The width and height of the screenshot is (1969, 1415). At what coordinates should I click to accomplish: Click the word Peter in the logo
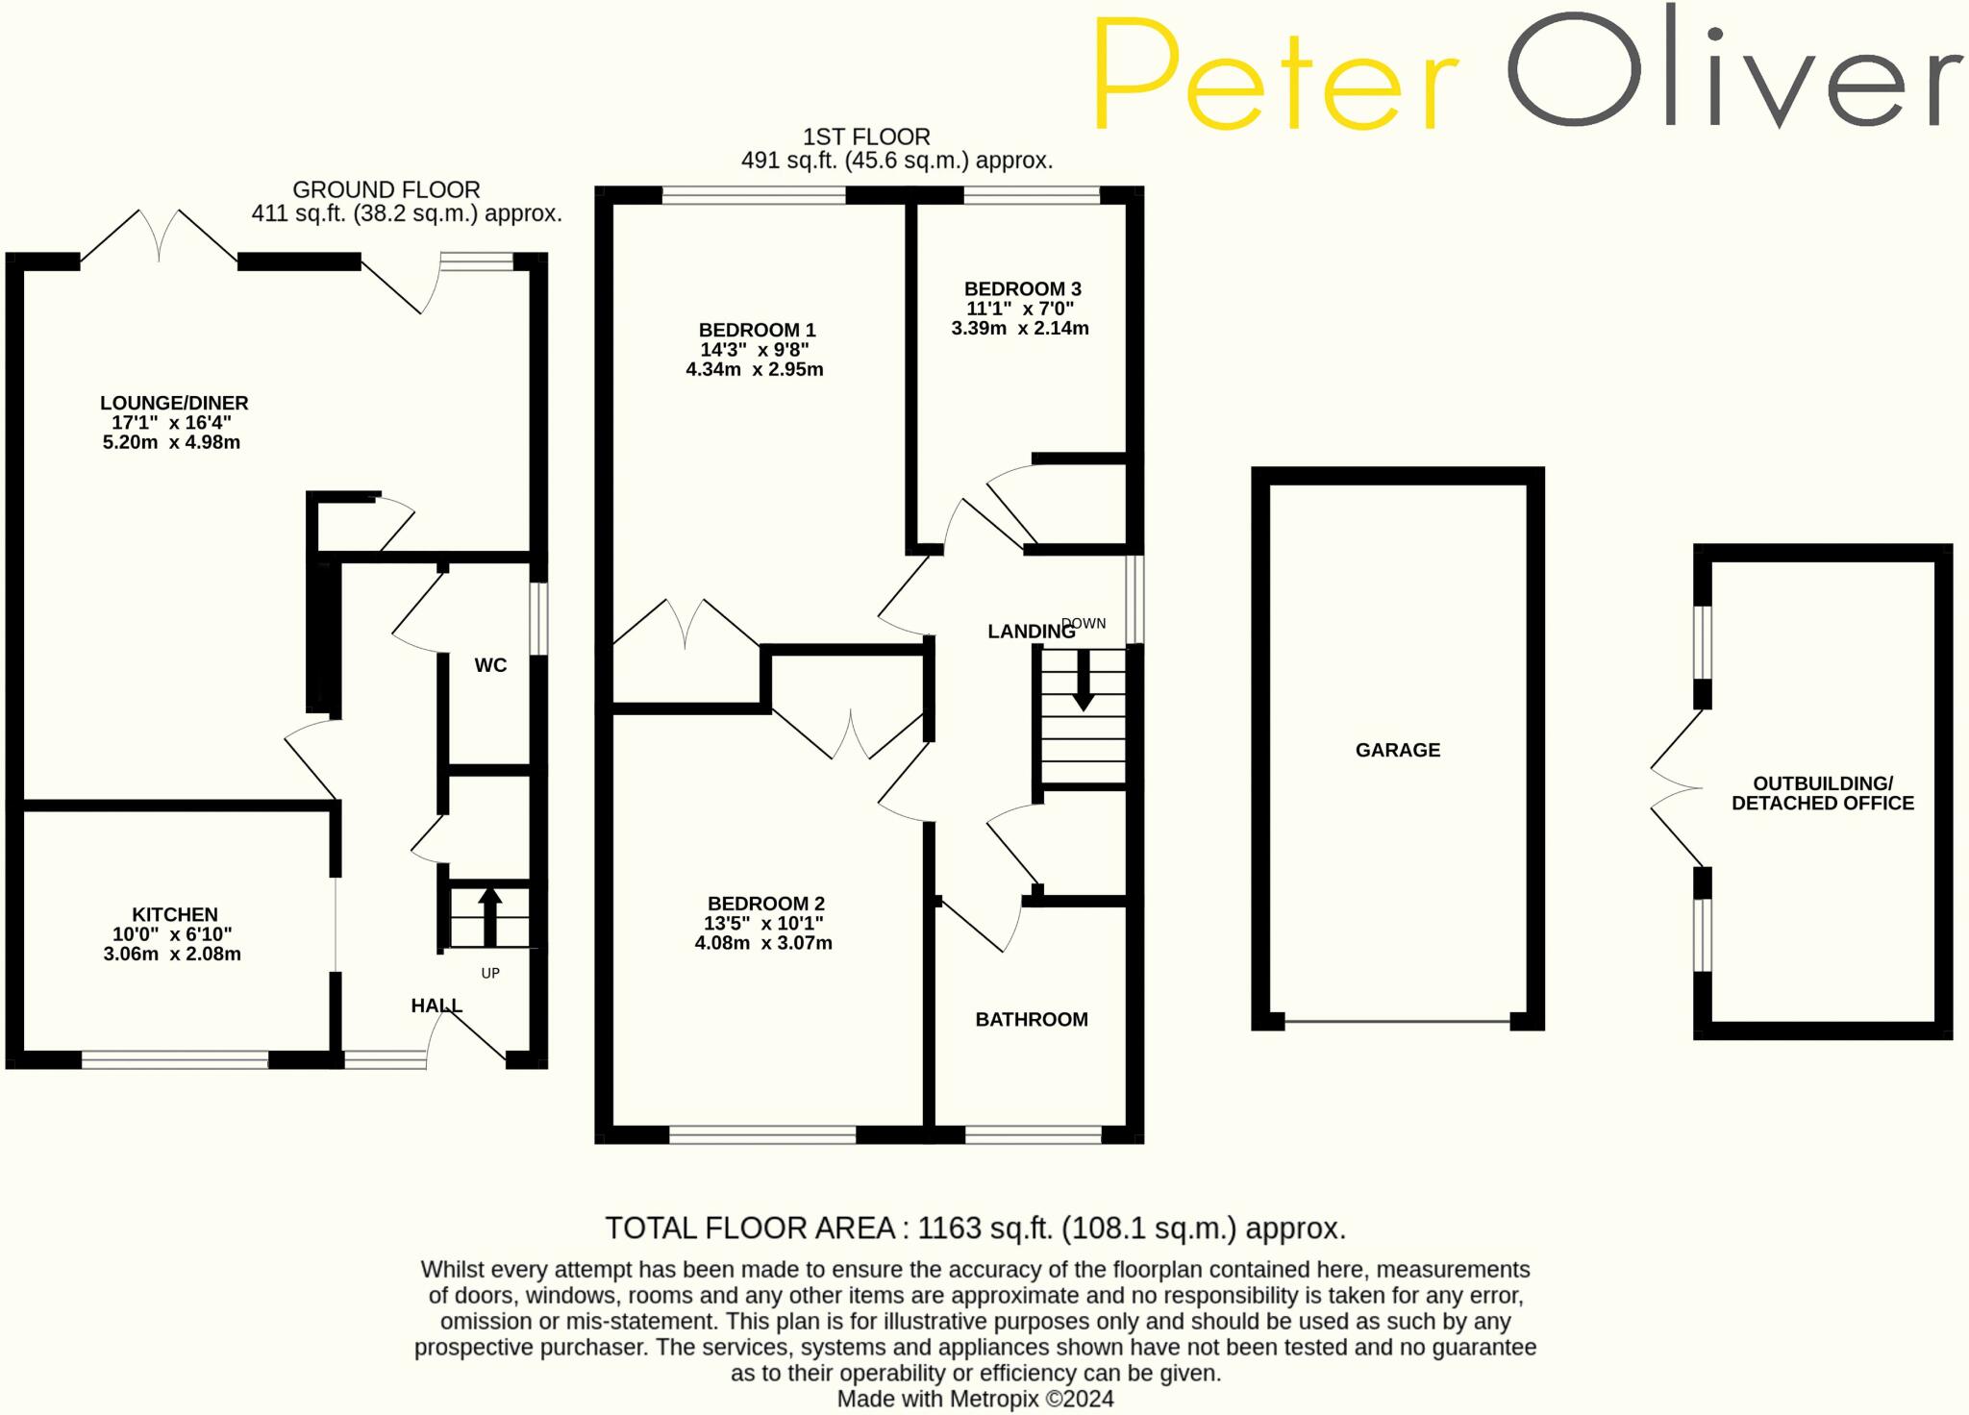click(1275, 74)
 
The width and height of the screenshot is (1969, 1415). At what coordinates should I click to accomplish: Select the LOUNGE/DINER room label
click(174, 403)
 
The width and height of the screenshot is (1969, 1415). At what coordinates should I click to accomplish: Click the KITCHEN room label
click(175, 914)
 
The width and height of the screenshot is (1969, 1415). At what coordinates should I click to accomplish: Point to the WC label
click(490, 665)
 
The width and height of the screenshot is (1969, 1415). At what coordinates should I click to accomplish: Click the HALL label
click(436, 1005)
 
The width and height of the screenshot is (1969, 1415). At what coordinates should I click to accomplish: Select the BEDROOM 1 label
click(757, 330)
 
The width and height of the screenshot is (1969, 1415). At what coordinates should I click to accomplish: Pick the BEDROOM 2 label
click(765, 904)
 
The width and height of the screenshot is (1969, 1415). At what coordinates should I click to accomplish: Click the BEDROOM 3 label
click(1022, 288)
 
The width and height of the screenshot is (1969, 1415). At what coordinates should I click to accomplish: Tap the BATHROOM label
click(1032, 1019)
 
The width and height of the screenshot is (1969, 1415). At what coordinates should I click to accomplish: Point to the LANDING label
click(1031, 632)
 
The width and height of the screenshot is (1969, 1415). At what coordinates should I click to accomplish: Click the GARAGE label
click(1398, 750)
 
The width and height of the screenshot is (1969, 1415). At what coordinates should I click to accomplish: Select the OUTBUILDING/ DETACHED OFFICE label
click(1823, 793)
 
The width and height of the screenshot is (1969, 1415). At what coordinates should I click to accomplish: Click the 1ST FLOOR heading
click(866, 137)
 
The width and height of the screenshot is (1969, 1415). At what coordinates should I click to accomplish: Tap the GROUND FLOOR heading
click(386, 189)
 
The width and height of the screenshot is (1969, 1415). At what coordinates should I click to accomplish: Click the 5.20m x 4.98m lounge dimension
click(171, 442)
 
